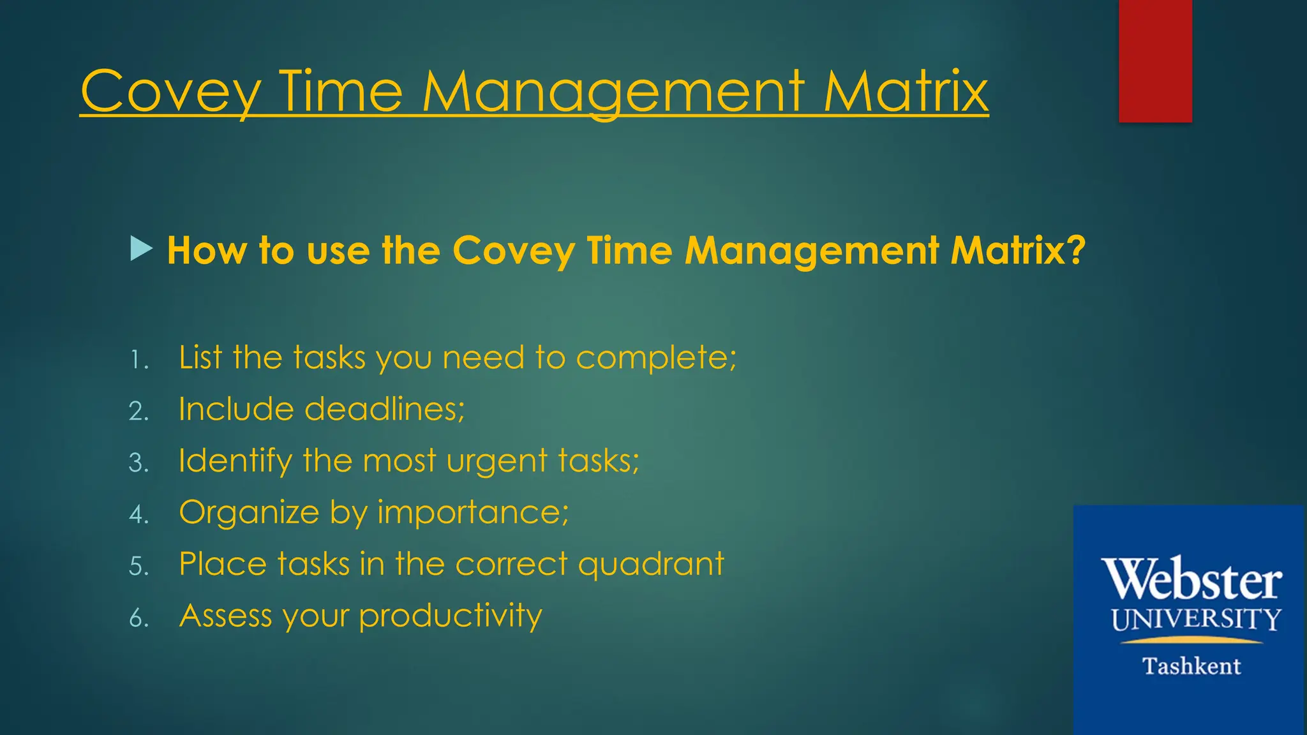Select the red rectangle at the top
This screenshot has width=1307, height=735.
coord(1155,61)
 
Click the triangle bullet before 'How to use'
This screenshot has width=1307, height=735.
coord(141,249)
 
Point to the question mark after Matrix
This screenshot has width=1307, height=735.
coord(1075,249)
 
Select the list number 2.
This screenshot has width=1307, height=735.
coord(138,412)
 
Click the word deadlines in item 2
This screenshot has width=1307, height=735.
coord(385,409)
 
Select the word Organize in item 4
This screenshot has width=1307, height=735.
coord(249,513)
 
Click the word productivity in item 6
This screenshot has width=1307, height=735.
coord(451,616)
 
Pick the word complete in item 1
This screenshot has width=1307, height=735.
coord(656,358)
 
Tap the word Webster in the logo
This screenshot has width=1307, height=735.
coord(1191,579)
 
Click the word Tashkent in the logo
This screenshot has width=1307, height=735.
coord(1191,666)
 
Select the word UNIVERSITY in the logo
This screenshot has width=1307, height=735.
coord(1196,620)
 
